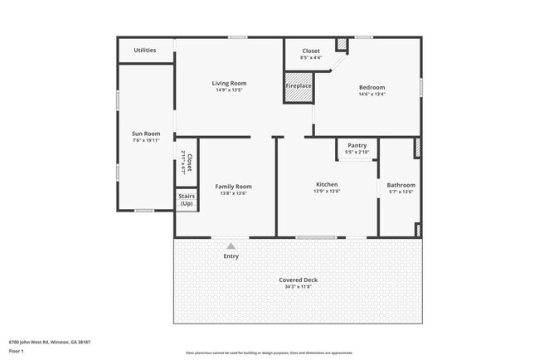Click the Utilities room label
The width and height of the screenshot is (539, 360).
[x=145, y=51]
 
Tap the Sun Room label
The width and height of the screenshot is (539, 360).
[x=146, y=133]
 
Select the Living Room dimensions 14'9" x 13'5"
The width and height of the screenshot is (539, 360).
[x=230, y=90]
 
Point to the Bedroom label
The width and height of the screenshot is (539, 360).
[x=371, y=87]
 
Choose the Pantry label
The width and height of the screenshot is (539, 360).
[x=357, y=145]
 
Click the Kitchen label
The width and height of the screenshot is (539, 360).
[x=327, y=184]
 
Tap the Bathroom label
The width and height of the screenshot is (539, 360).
[x=401, y=185]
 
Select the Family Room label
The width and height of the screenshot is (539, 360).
[x=233, y=187]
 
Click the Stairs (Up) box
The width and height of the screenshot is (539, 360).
[x=187, y=200]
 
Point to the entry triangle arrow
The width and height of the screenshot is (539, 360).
[x=231, y=246]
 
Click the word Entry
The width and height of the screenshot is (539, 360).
[x=231, y=256]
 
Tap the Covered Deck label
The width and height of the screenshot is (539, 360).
[x=298, y=280]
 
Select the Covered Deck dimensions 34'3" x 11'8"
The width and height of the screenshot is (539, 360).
[x=298, y=287]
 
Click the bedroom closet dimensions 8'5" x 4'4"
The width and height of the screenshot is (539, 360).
[x=310, y=57]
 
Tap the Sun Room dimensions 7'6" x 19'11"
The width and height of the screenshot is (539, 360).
[x=146, y=140]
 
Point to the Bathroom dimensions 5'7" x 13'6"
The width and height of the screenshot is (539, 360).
[x=401, y=192]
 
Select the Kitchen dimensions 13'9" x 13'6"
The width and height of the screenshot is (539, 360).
[x=327, y=191]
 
